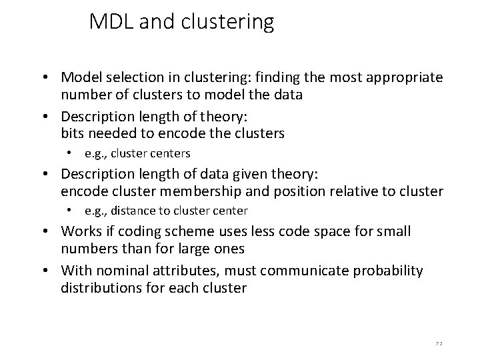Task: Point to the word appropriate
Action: pos(407,78)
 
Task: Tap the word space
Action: pos(333,231)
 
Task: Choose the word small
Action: pos(395,231)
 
